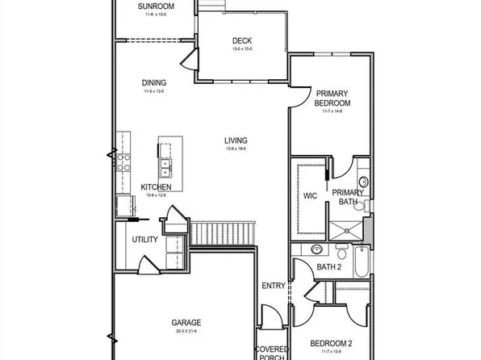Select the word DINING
(x=153, y=82)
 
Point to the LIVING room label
(x=236, y=140)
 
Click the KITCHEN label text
(x=156, y=186)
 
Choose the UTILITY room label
(x=145, y=240)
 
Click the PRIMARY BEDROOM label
(x=333, y=98)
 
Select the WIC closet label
(x=310, y=195)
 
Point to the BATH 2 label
(x=328, y=266)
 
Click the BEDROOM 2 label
(x=332, y=343)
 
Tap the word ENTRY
(x=273, y=286)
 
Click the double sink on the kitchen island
(x=165, y=168)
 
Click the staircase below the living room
(x=223, y=234)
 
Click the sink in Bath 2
(x=317, y=249)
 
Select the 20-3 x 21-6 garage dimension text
(x=186, y=331)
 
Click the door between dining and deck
(x=189, y=57)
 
